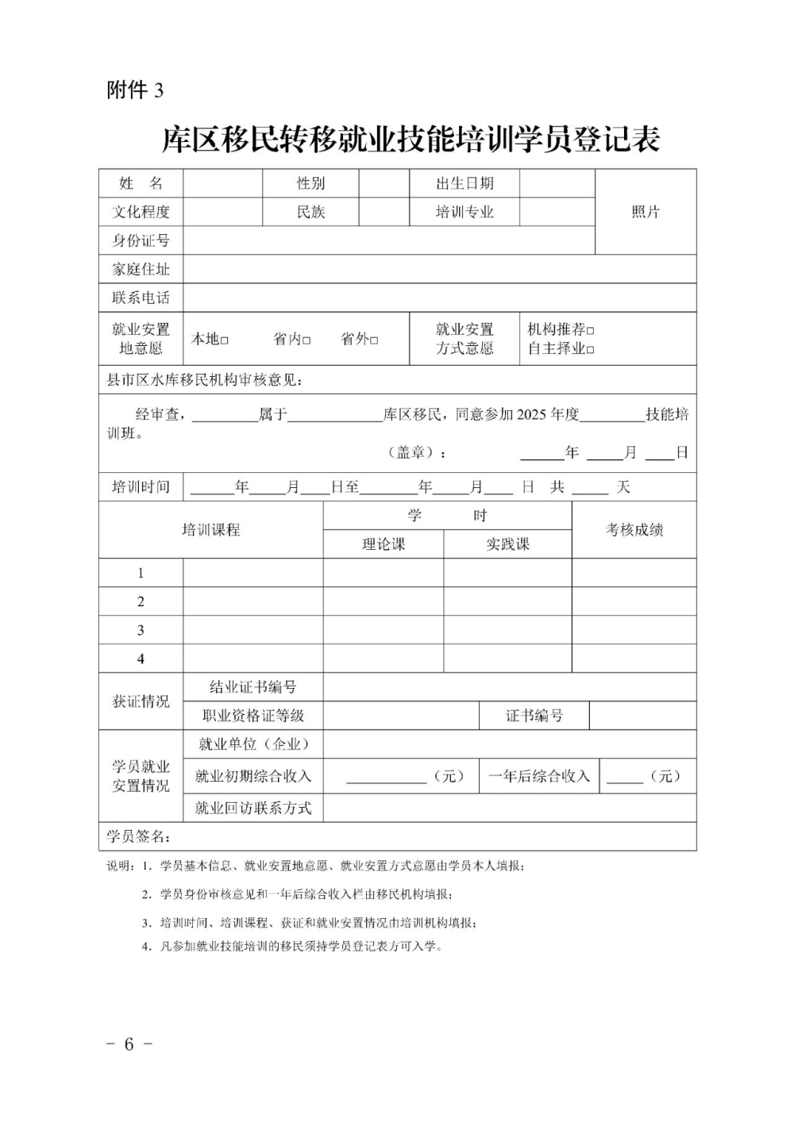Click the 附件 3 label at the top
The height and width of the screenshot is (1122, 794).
coord(135,90)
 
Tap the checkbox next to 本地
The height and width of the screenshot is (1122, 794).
coord(225,340)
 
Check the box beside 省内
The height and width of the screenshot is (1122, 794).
coord(306,340)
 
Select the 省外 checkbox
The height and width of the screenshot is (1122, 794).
coord(374,340)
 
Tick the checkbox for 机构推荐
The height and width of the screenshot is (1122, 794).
coord(590,330)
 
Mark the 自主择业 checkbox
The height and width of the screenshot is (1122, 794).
coord(590,349)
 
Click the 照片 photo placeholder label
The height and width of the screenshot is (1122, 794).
coord(646,212)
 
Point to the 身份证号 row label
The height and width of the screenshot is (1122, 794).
coord(141,240)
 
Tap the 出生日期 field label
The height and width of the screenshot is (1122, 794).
coord(464,183)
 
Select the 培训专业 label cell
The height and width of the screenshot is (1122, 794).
coord(464,212)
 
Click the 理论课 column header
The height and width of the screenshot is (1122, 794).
coord(384,544)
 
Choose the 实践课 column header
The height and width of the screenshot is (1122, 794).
coord(507,544)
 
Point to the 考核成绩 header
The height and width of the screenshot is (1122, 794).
coord(634,530)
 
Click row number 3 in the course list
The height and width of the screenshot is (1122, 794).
coord(141,630)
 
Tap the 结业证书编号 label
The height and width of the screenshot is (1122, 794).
coord(252,687)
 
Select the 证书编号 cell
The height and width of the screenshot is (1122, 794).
coord(534,716)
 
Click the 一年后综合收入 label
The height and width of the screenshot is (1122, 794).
coord(539,776)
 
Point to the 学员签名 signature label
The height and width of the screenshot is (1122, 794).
coord(138,836)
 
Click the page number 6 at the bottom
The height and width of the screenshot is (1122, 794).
coord(129,1044)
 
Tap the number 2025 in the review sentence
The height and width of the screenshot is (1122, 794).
coord(532,414)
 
